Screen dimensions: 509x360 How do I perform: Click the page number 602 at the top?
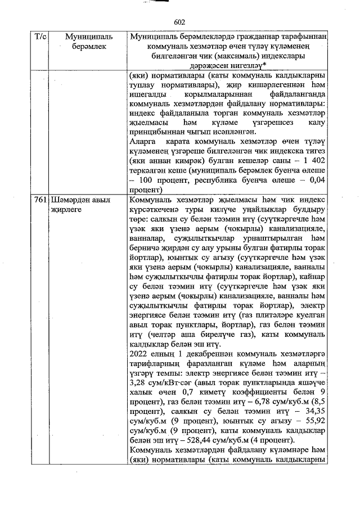point(180,22)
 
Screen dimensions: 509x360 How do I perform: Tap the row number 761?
point(40,200)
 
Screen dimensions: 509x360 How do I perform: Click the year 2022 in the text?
point(139,355)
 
